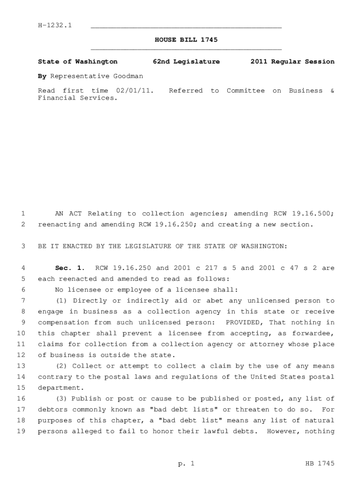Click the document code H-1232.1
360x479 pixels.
pyautogui.click(x=55, y=25)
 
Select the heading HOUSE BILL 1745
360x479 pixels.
pyautogui.click(x=186, y=40)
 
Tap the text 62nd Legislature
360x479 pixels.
pyautogui.click(x=186, y=61)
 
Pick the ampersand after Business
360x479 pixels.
pyautogui.click(x=332, y=90)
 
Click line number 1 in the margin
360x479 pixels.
pyautogui.click(x=22, y=213)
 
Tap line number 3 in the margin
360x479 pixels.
pyautogui.click(x=22, y=246)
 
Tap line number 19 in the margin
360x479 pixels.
pyautogui.click(x=21, y=431)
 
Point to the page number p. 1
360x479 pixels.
pyautogui.click(x=186, y=464)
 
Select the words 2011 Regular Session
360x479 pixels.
pyautogui.click(x=292, y=61)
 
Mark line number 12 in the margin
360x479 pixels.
pyautogui.click(x=21, y=355)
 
